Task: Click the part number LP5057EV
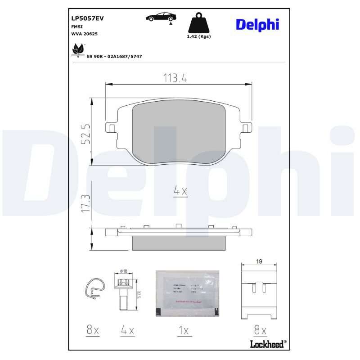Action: pos(87,18)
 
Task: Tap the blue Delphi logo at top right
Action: pos(257,25)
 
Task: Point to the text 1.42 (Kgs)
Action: pos(198,36)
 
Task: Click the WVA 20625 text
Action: pos(85,34)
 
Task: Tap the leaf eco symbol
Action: pos(78,49)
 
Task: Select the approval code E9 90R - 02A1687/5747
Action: pos(115,57)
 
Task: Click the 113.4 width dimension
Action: pos(174,78)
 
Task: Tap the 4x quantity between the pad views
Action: pos(180,192)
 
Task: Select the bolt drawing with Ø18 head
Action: pos(123,292)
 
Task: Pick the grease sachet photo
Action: pos(187,293)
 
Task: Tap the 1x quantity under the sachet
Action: pos(183,331)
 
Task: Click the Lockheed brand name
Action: pos(266,344)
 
